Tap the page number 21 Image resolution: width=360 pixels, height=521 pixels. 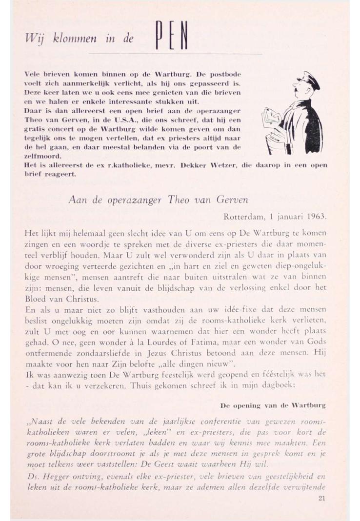coord(321,498)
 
